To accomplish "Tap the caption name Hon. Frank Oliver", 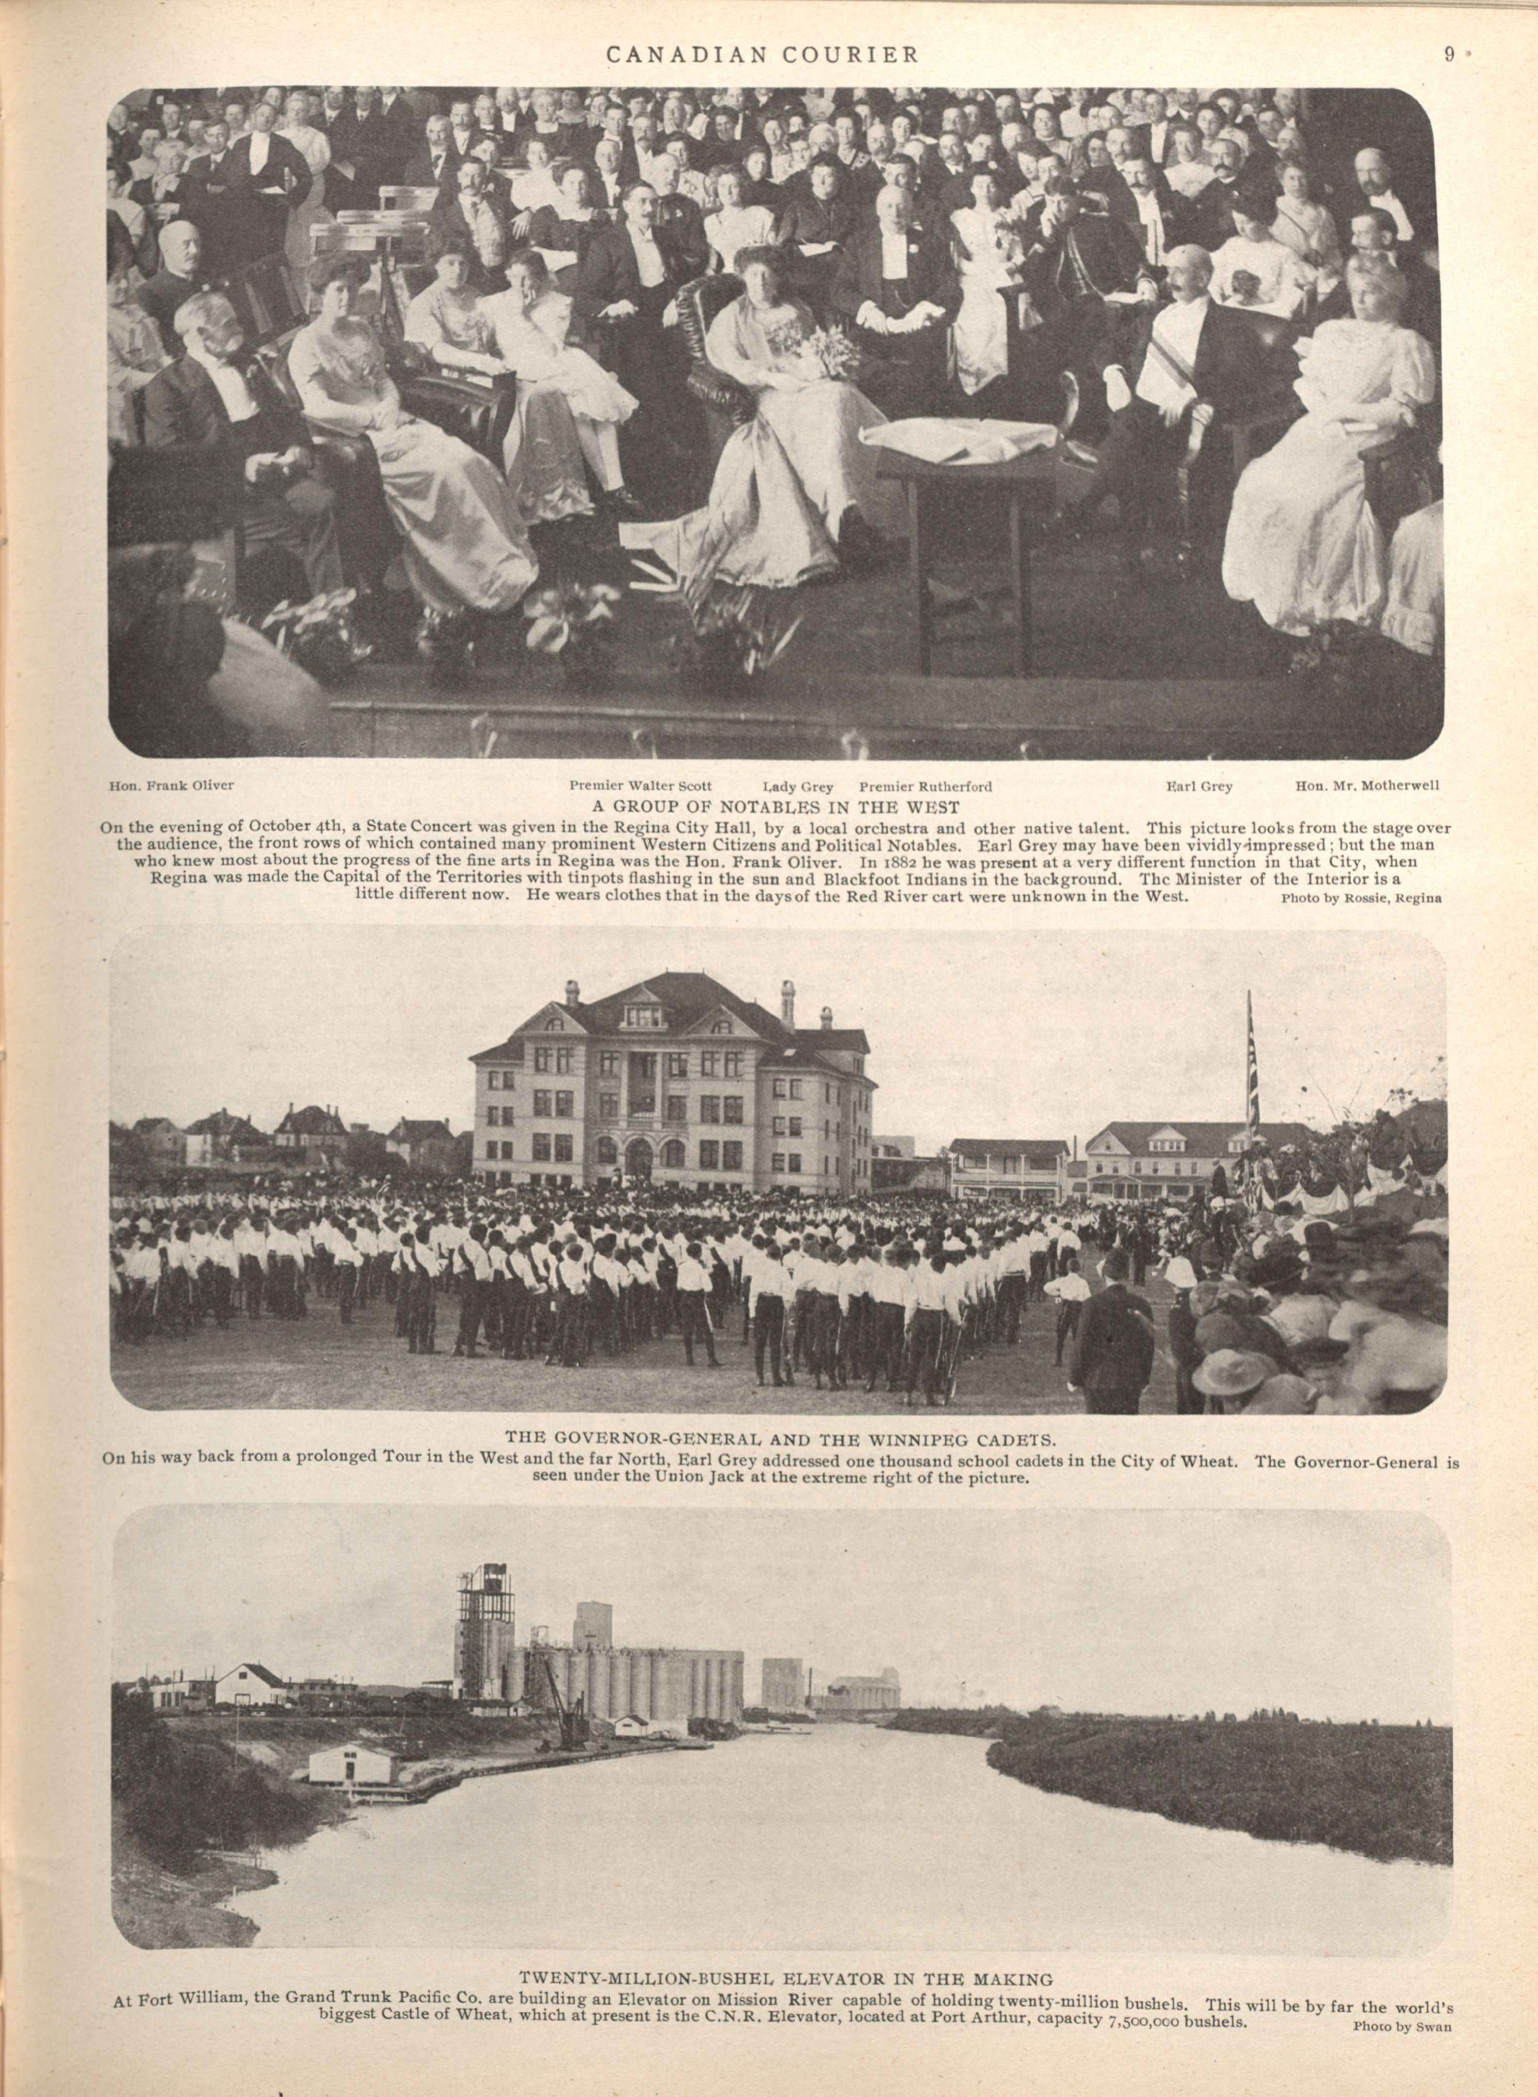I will (172, 785).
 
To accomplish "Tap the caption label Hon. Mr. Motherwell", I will (1367, 785).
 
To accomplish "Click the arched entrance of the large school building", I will (639, 1157).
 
